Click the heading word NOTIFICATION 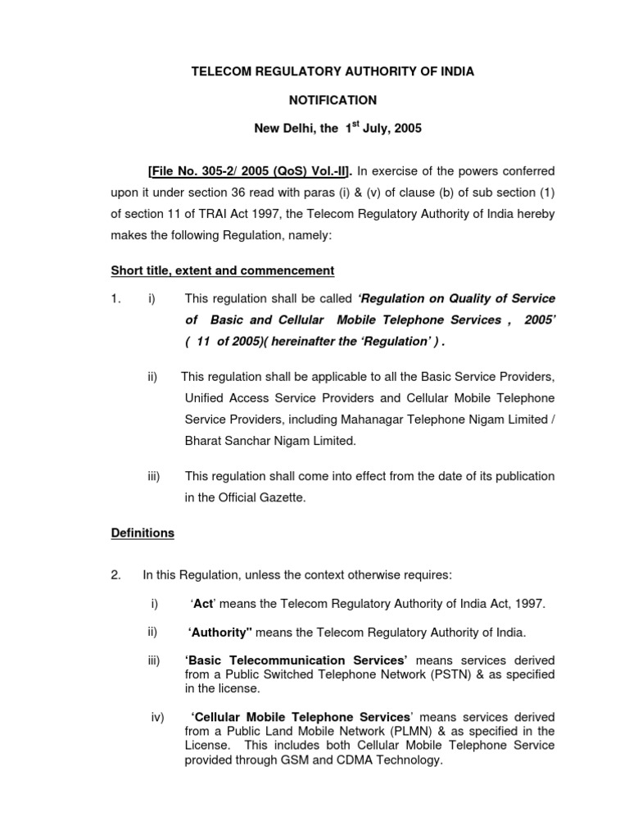(x=333, y=100)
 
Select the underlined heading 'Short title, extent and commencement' (x=223, y=270)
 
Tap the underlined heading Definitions (x=143, y=533)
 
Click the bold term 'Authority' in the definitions (x=219, y=632)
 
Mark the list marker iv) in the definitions (x=158, y=717)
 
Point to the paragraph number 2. (x=115, y=574)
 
